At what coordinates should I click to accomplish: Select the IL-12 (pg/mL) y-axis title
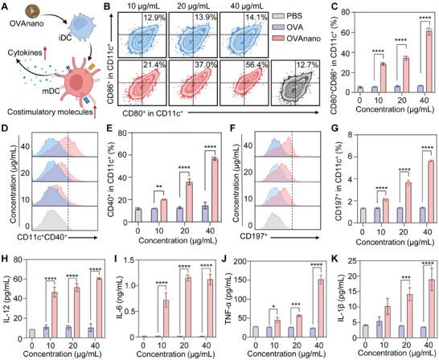(6, 297)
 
